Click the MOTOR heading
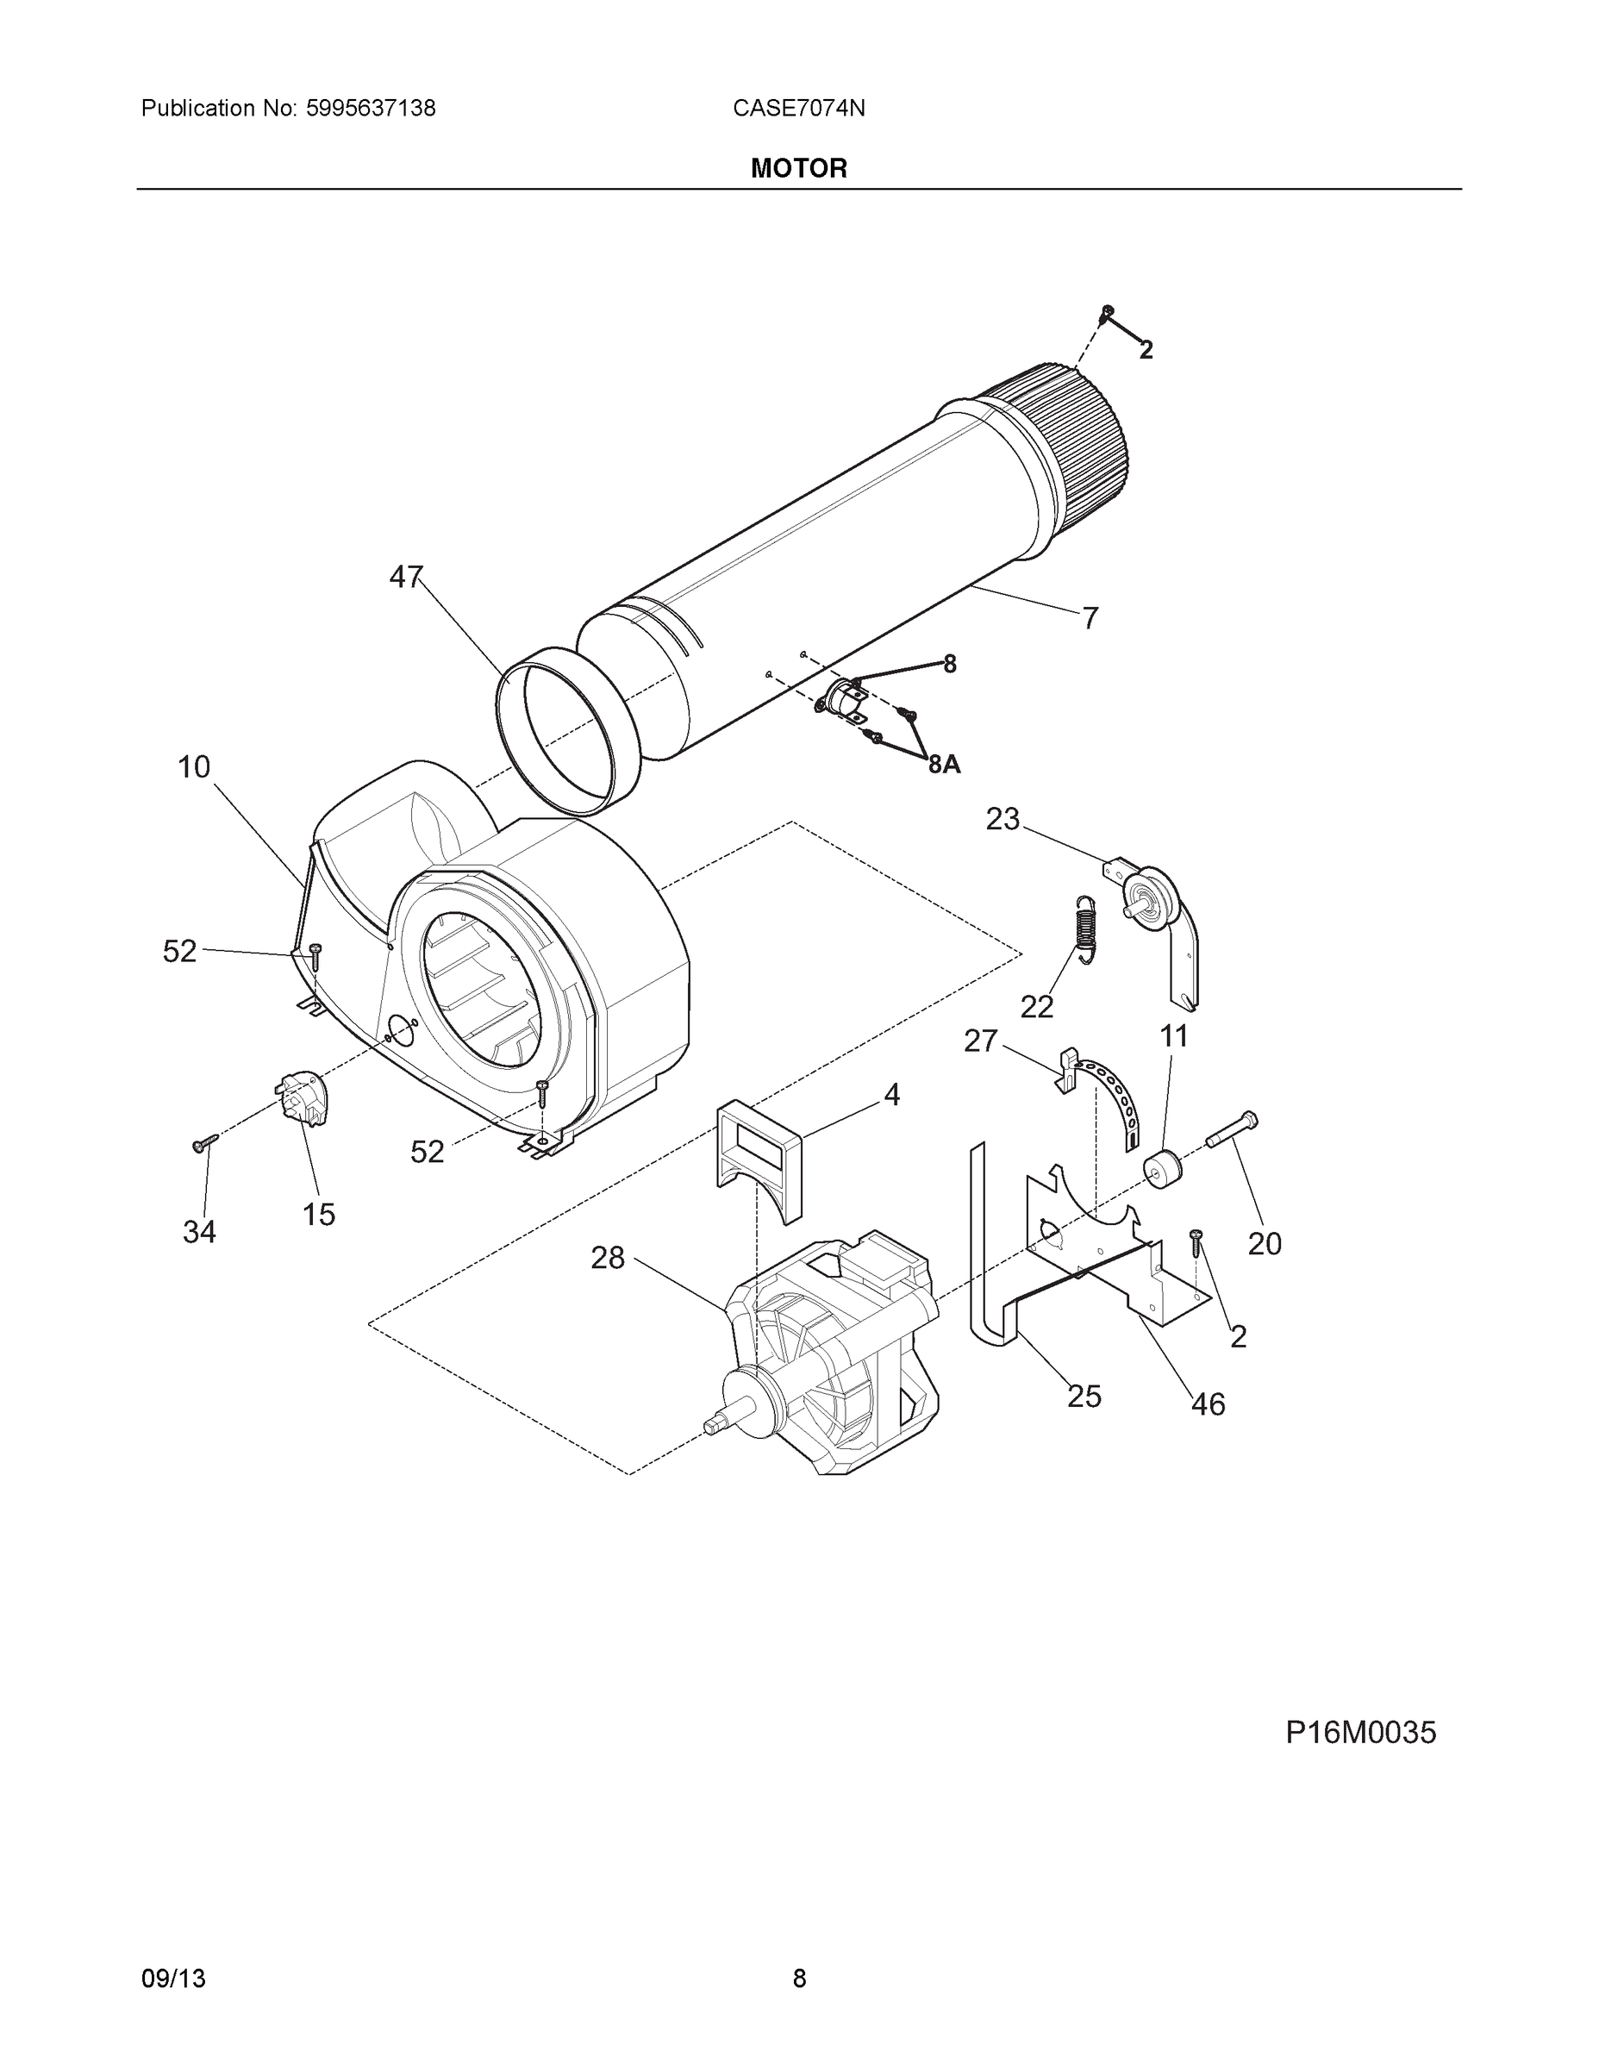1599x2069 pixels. coord(798,168)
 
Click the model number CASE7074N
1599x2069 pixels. coord(798,108)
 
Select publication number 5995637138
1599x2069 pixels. coord(371,108)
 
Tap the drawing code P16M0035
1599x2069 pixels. coord(1360,1733)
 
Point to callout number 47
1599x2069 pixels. coord(406,576)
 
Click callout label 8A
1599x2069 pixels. coord(944,765)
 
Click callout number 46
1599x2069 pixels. coord(1208,1404)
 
